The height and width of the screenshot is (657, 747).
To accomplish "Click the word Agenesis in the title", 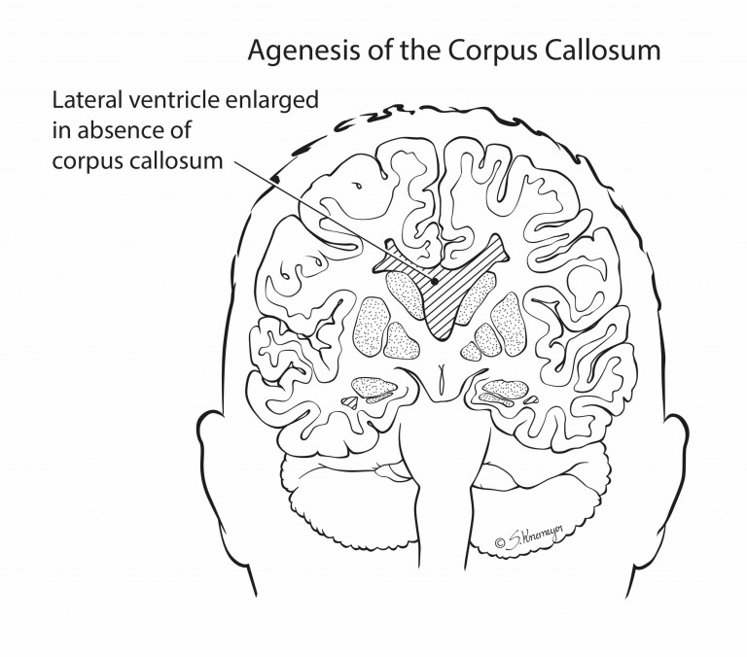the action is click(304, 51).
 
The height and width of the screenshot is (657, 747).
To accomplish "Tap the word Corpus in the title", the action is click(492, 51).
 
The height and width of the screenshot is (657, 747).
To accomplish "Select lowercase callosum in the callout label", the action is click(175, 160).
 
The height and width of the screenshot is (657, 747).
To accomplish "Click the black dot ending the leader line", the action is click(435, 282).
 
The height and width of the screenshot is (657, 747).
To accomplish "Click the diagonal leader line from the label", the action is click(334, 222).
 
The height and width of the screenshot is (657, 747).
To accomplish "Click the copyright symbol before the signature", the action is click(500, 542).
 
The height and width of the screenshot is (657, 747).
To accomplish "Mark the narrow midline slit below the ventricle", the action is click(443, 377).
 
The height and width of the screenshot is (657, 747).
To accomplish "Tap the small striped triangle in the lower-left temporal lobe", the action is click(350, 402).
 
